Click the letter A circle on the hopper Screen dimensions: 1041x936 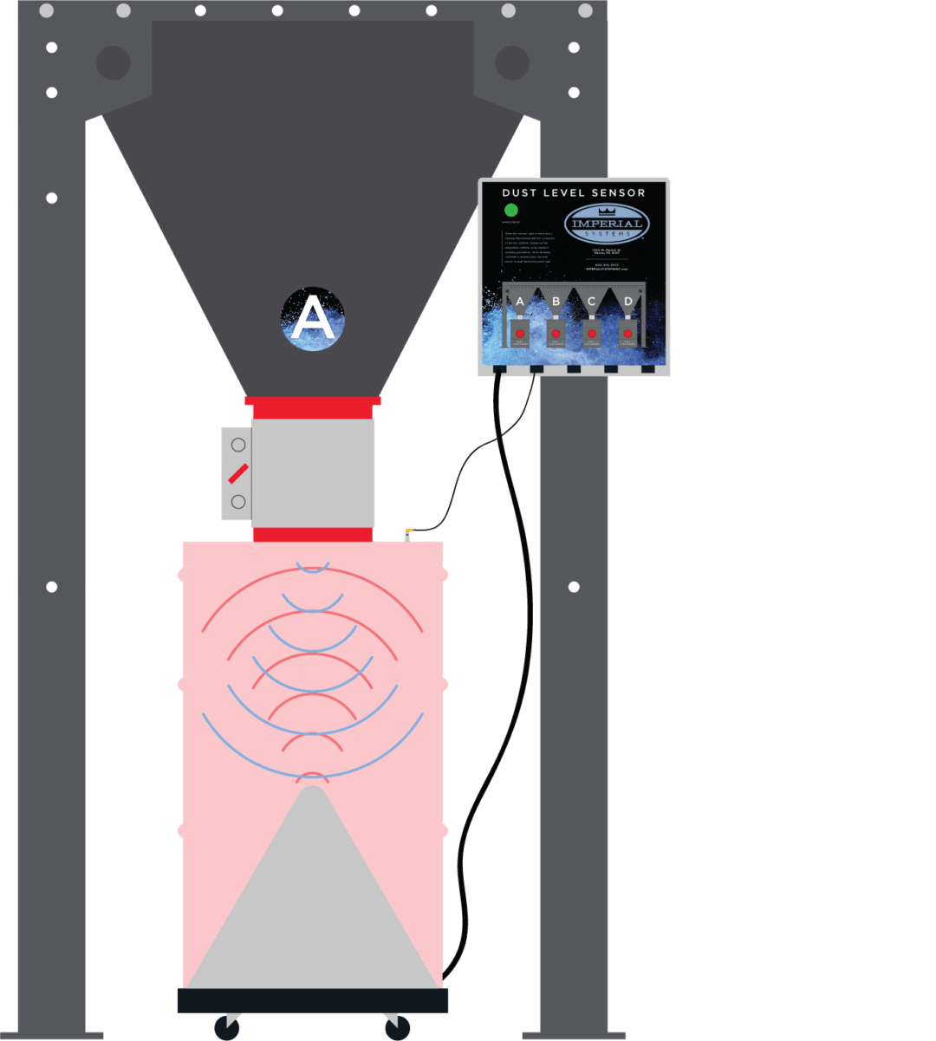coord(313,319)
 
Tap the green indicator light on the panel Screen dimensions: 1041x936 coord(511,210)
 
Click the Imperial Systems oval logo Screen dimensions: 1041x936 coord(607,224)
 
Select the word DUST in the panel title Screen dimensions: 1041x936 coord(518,192)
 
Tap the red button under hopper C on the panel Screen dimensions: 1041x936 coord(592,333)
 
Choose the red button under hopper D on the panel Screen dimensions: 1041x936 coord(627,333)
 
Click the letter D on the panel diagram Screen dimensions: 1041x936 coord(627,302)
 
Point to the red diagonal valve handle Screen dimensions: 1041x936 coord(238,473)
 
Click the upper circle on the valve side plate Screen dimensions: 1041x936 coord(238,445)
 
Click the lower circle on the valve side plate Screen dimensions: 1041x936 coord(238,502)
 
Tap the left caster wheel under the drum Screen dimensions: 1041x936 coord(227,1028)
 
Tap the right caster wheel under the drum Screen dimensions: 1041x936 coord(398,1028)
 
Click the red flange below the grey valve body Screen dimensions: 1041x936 coord(313,534)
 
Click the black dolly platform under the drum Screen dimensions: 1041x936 coord(312,1000)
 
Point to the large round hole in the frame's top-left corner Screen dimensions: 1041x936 coord(114,62)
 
